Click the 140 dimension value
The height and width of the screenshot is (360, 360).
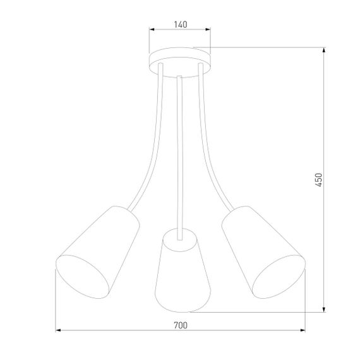pos(180,24)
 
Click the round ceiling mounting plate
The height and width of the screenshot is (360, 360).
pos(180,58)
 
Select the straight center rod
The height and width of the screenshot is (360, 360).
pos(181,152)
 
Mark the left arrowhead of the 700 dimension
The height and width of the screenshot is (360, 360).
pos(59,330)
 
